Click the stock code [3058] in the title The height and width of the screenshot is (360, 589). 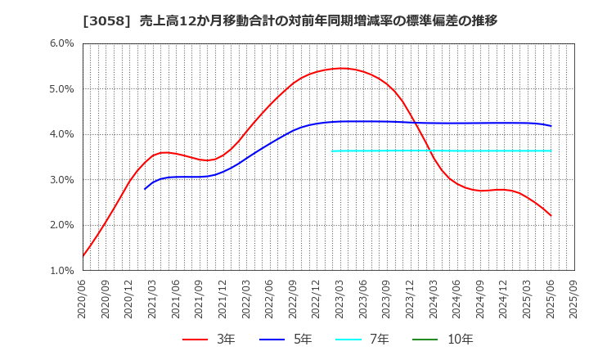click(x=101, y=20)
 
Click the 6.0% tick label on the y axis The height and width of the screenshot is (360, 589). click(x=62, y=43)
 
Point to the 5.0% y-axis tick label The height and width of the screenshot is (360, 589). click(x=62, y=88)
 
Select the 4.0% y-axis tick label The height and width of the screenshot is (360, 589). click(x=62, y=134)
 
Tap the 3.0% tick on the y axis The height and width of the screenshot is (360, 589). click(x=62, y=179)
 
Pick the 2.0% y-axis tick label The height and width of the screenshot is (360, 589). click(x=62, y=225)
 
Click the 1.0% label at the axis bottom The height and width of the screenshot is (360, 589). click(x=62, y=270)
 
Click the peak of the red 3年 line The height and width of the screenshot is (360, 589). click(x=342, y=68)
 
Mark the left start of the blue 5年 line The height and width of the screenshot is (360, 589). click(x=145, y=189)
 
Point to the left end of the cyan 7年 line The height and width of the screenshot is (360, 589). click(x=332, y=151)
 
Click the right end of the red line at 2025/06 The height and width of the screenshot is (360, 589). click(x=551, y=216)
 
